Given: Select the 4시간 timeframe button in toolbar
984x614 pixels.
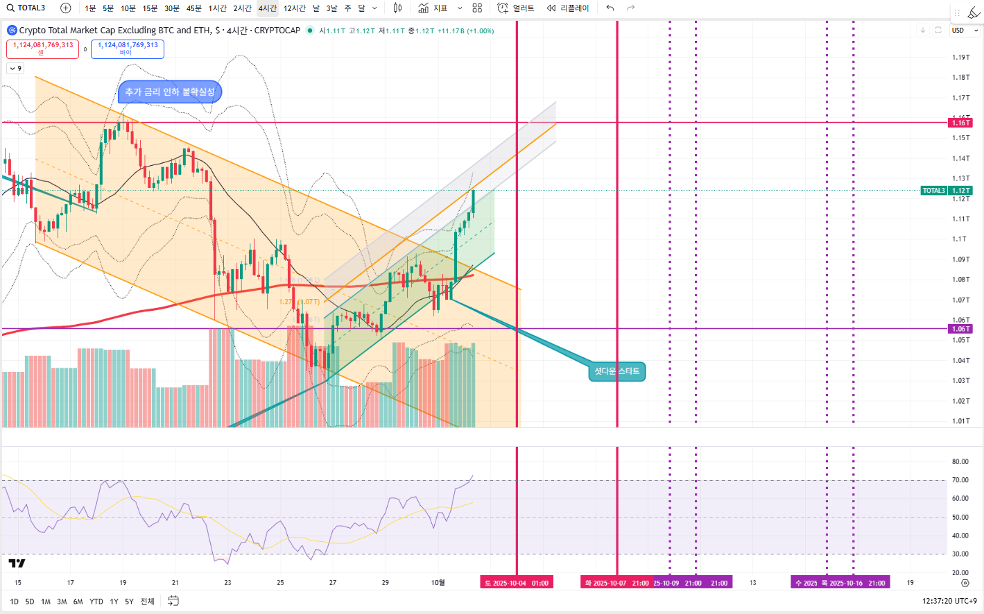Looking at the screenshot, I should pos(267,8).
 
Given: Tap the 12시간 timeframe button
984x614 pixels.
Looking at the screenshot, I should pos(294,8).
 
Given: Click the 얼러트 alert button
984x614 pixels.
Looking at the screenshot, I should pos(516,8).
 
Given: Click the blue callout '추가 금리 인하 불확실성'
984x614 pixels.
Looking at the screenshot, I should pos(170,92).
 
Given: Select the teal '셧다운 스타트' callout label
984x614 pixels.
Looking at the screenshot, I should pos(616,371).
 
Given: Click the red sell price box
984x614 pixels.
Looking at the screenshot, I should pos(42,49).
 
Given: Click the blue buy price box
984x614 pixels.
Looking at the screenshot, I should pos(128,49).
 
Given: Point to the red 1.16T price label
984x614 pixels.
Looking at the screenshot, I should pos(960,123).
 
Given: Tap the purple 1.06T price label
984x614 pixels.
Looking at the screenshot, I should pos(960,329).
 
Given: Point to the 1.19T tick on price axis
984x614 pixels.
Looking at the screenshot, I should pos(960,58).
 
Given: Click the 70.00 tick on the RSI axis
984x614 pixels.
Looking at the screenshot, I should pos(960,480).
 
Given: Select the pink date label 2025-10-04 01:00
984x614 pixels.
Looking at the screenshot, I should pos(517,583).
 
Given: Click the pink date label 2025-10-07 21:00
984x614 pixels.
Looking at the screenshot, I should pos(616,583).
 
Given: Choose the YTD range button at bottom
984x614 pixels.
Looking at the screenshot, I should pos(96,602).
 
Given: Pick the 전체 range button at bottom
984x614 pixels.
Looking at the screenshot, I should pos(147,602).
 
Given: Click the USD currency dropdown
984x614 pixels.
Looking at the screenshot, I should pos(964,31).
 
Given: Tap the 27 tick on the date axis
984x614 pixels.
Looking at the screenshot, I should pos(333,583).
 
